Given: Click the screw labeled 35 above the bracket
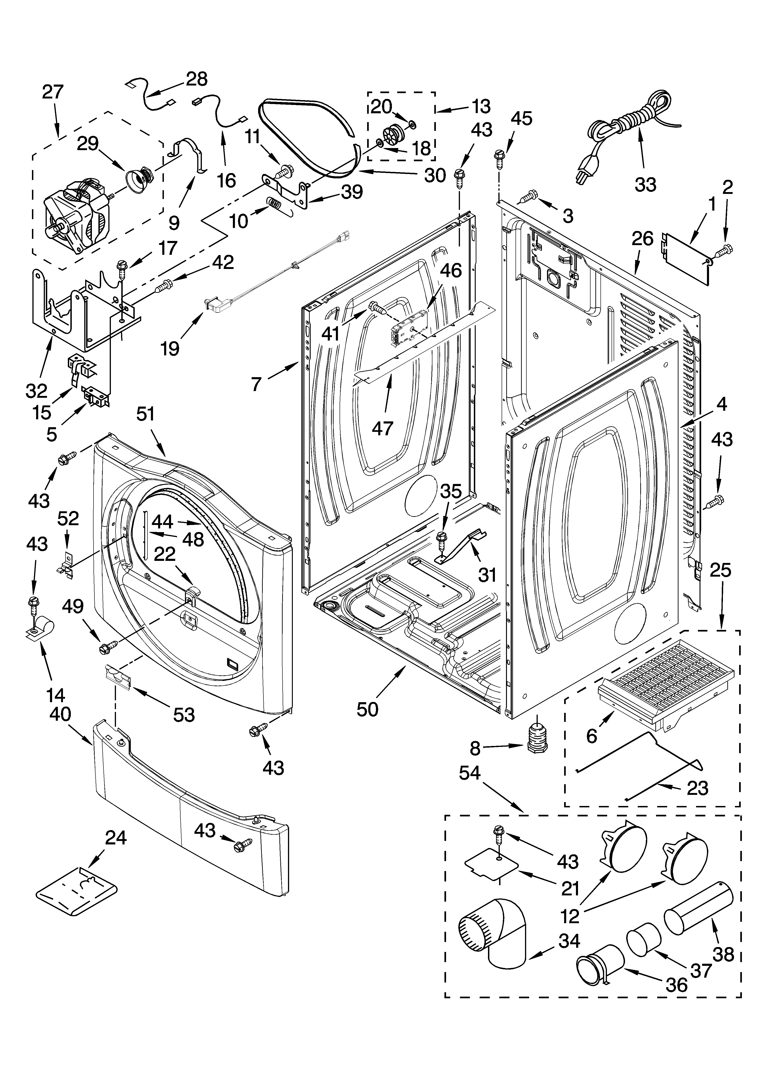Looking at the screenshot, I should (442, 538).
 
